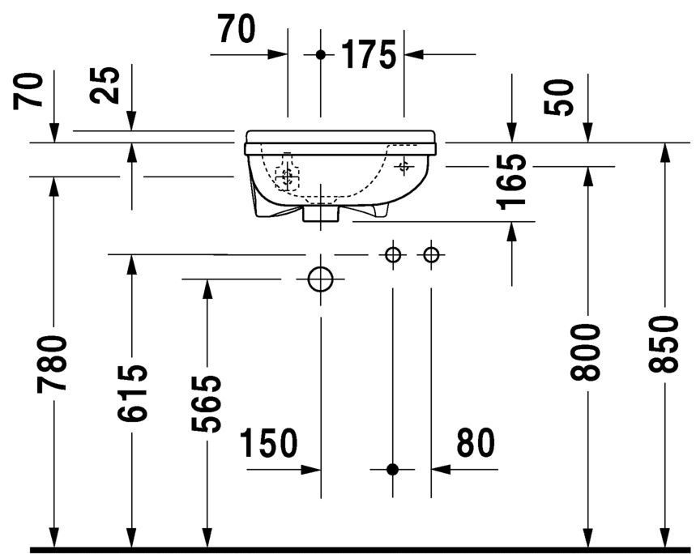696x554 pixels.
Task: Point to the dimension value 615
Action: [130, 393]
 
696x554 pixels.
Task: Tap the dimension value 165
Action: [513, 181]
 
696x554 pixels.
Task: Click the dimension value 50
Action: [562, 97]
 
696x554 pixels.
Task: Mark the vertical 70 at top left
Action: [29, 90]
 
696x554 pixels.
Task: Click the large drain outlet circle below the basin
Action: [321, 279]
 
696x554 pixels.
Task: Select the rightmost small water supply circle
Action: [431, 255]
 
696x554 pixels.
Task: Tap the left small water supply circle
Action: [393, 255]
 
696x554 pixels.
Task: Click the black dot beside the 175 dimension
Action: [321, 54]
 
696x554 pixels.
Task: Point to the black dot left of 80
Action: [393, 468]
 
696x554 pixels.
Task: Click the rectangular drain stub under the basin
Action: [321, 215]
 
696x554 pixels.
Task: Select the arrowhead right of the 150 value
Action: [311, 468]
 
